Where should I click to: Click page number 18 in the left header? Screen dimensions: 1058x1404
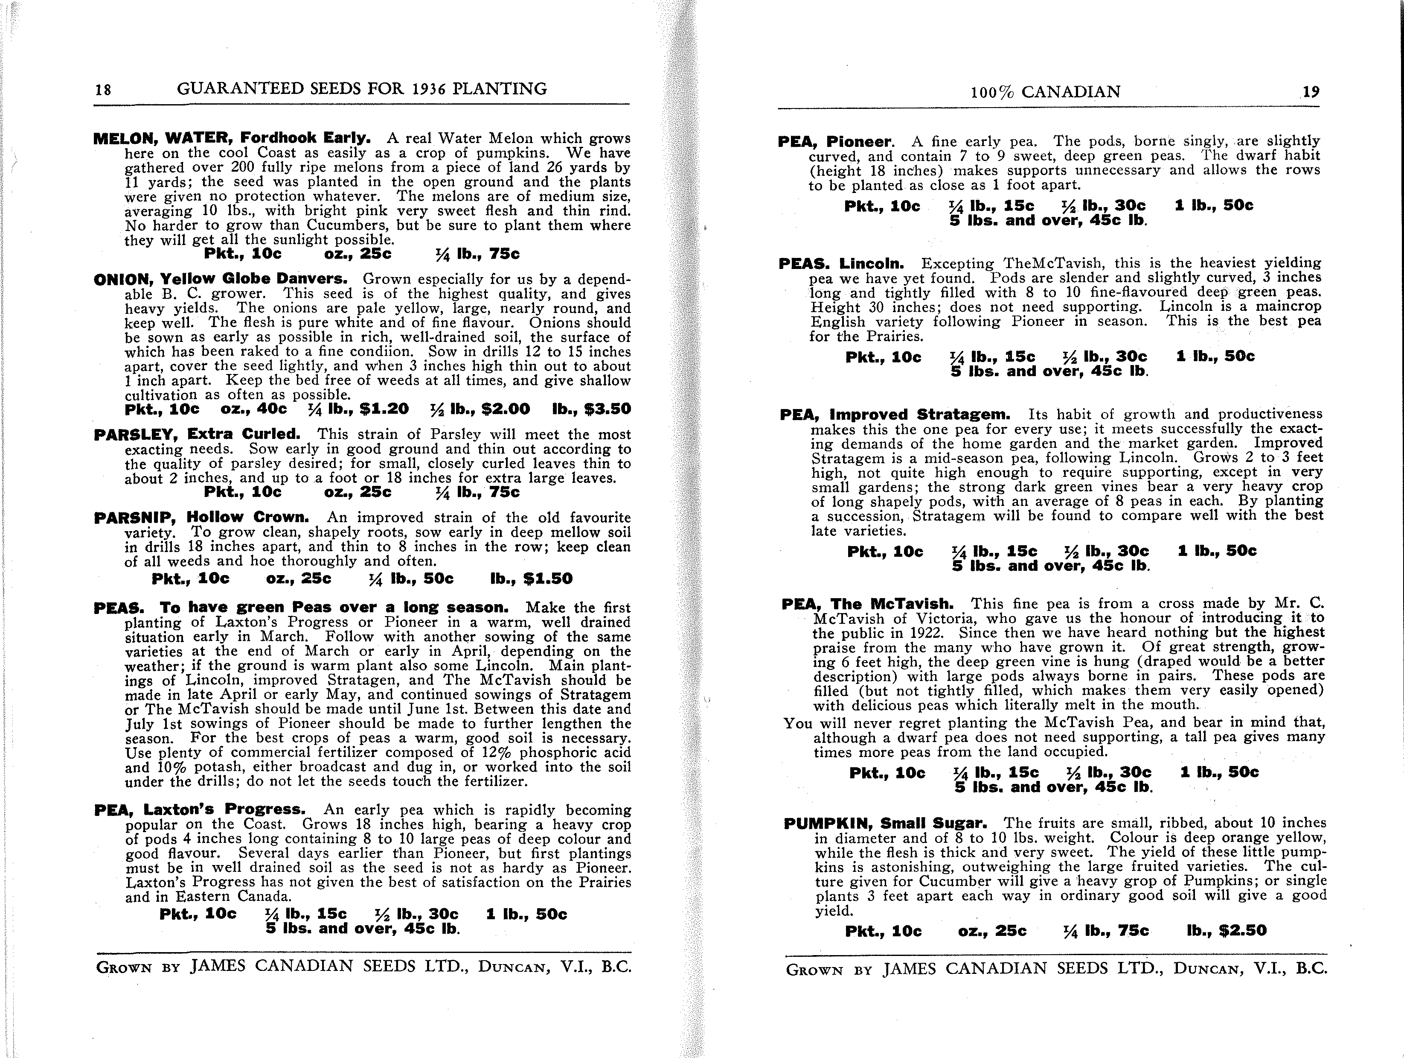(x=103, y=90)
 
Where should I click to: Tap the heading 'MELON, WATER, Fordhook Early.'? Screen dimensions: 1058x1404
(x=232, y=138)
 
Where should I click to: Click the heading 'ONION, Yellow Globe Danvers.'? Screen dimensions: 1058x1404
(x=220, y=279)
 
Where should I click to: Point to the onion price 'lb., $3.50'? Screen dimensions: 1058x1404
(x=592, y=409)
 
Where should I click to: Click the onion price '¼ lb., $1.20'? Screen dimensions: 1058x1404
(x=358, y=409)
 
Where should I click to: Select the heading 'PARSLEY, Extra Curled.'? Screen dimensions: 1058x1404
(x=197, y=434)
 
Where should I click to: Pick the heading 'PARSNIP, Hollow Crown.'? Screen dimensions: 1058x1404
(x=201, y=517)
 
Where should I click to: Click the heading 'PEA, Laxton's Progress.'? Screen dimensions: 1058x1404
(x=199, y=810)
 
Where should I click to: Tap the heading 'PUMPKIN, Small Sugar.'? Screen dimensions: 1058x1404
(x=885, y=824)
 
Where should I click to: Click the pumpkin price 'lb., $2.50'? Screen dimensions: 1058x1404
(x=1226, y=931)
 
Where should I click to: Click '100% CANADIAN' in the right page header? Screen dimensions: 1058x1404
(x=1045, y=92)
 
